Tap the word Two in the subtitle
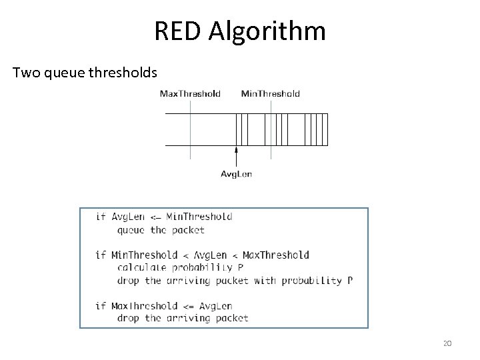(x=27, y=71)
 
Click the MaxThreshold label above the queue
(x=190, y=94)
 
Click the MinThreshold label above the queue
(x=271, y=94)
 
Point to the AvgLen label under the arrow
(x=236, y=174)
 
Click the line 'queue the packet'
(x=161, y=230)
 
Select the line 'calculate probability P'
(x=180, y=268)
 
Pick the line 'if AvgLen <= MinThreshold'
(x=164, y=217)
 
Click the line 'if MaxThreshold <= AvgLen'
(x=163, y=306)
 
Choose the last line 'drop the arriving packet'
(x=183, y=319)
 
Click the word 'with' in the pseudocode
(x=265, y=281)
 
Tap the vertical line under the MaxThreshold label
(x=190, y=130)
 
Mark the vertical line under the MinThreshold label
(x=271, y=130)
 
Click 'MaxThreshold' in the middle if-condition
(x=276, y=255)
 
